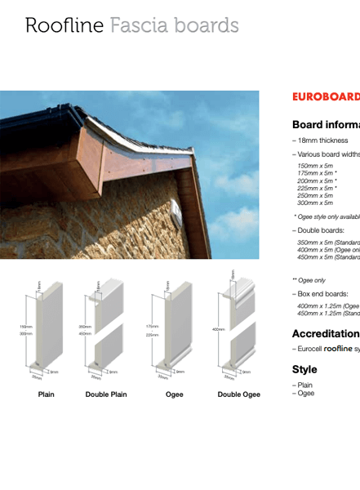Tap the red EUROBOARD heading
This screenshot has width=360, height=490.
pyautogui.click(x=326, y=96)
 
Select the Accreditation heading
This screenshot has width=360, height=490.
pyautogui.click(x=326, y=333)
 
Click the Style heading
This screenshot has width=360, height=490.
pyautogui.click(x=304, y=369)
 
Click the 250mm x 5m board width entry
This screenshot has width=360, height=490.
pyautogui.click(x=315, y=195)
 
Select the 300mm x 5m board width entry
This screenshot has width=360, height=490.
pyautogui.click(x=315, y=203)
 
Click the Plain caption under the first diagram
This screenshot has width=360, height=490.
pyautogui.click(x=47, y=394)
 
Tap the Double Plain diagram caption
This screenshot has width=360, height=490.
pyautogui.click(x=106, y=394)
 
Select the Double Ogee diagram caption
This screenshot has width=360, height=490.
pyautogui.click(x=239, y=394)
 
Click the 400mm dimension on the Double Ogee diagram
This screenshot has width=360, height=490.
pyautogui.click(x=218, y=329)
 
